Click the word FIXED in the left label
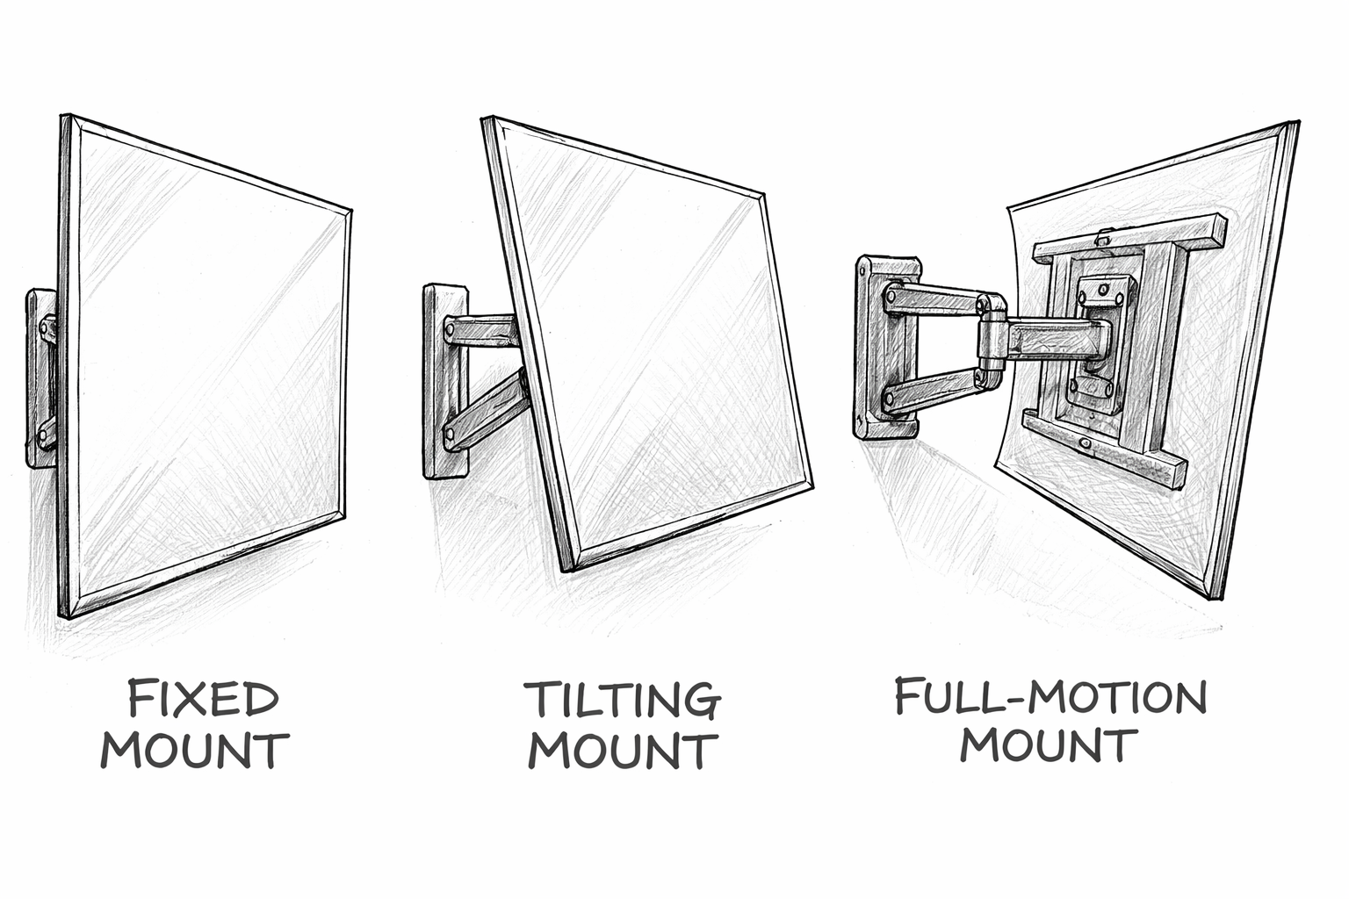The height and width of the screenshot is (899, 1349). (x=203, y=699)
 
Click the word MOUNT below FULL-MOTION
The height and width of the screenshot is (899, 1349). (x=1049, y=745)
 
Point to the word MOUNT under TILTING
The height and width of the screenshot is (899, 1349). (x=623, y=752)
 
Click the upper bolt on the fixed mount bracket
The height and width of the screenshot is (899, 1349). (x=46, y=329)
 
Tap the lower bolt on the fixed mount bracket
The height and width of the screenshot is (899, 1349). (x=45, y=431)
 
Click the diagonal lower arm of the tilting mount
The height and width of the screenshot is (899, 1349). (x=487, y=409)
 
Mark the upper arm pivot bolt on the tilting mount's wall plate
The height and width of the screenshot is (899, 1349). (x=450, y=332)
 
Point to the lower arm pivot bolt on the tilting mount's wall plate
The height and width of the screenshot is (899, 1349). (x=450, y=433)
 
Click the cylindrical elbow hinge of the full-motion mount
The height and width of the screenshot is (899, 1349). (x=992, y=341)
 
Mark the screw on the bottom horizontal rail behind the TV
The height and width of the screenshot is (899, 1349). (x=1087, y=445)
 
